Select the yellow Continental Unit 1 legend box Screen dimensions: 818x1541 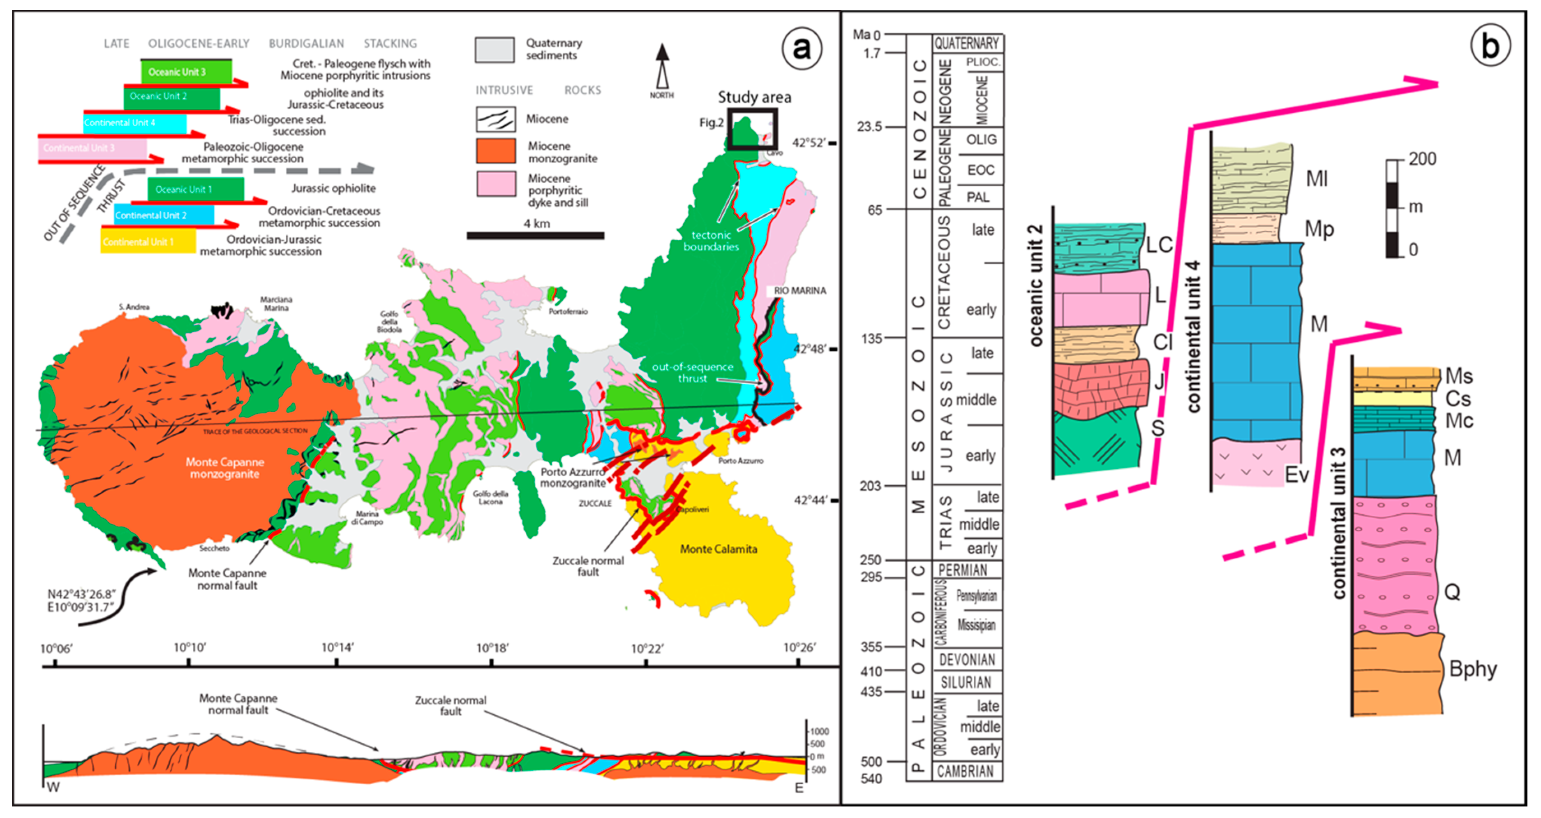[x=147, y=242]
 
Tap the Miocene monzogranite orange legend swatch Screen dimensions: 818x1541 [x=495, y=151]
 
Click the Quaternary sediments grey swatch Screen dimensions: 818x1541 [x=494, y=50]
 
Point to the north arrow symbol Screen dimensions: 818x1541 [x=662, y=67]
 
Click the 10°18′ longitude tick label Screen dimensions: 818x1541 [x=492, y=648]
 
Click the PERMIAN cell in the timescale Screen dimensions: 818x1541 [x=963, y=570]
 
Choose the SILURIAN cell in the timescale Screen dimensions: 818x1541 [x=966, y=682]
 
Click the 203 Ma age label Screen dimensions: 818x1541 [x=871, y=486]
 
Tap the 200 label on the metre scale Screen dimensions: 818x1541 [x=1422, y=159]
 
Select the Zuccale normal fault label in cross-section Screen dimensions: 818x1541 [x=451, y=705]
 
